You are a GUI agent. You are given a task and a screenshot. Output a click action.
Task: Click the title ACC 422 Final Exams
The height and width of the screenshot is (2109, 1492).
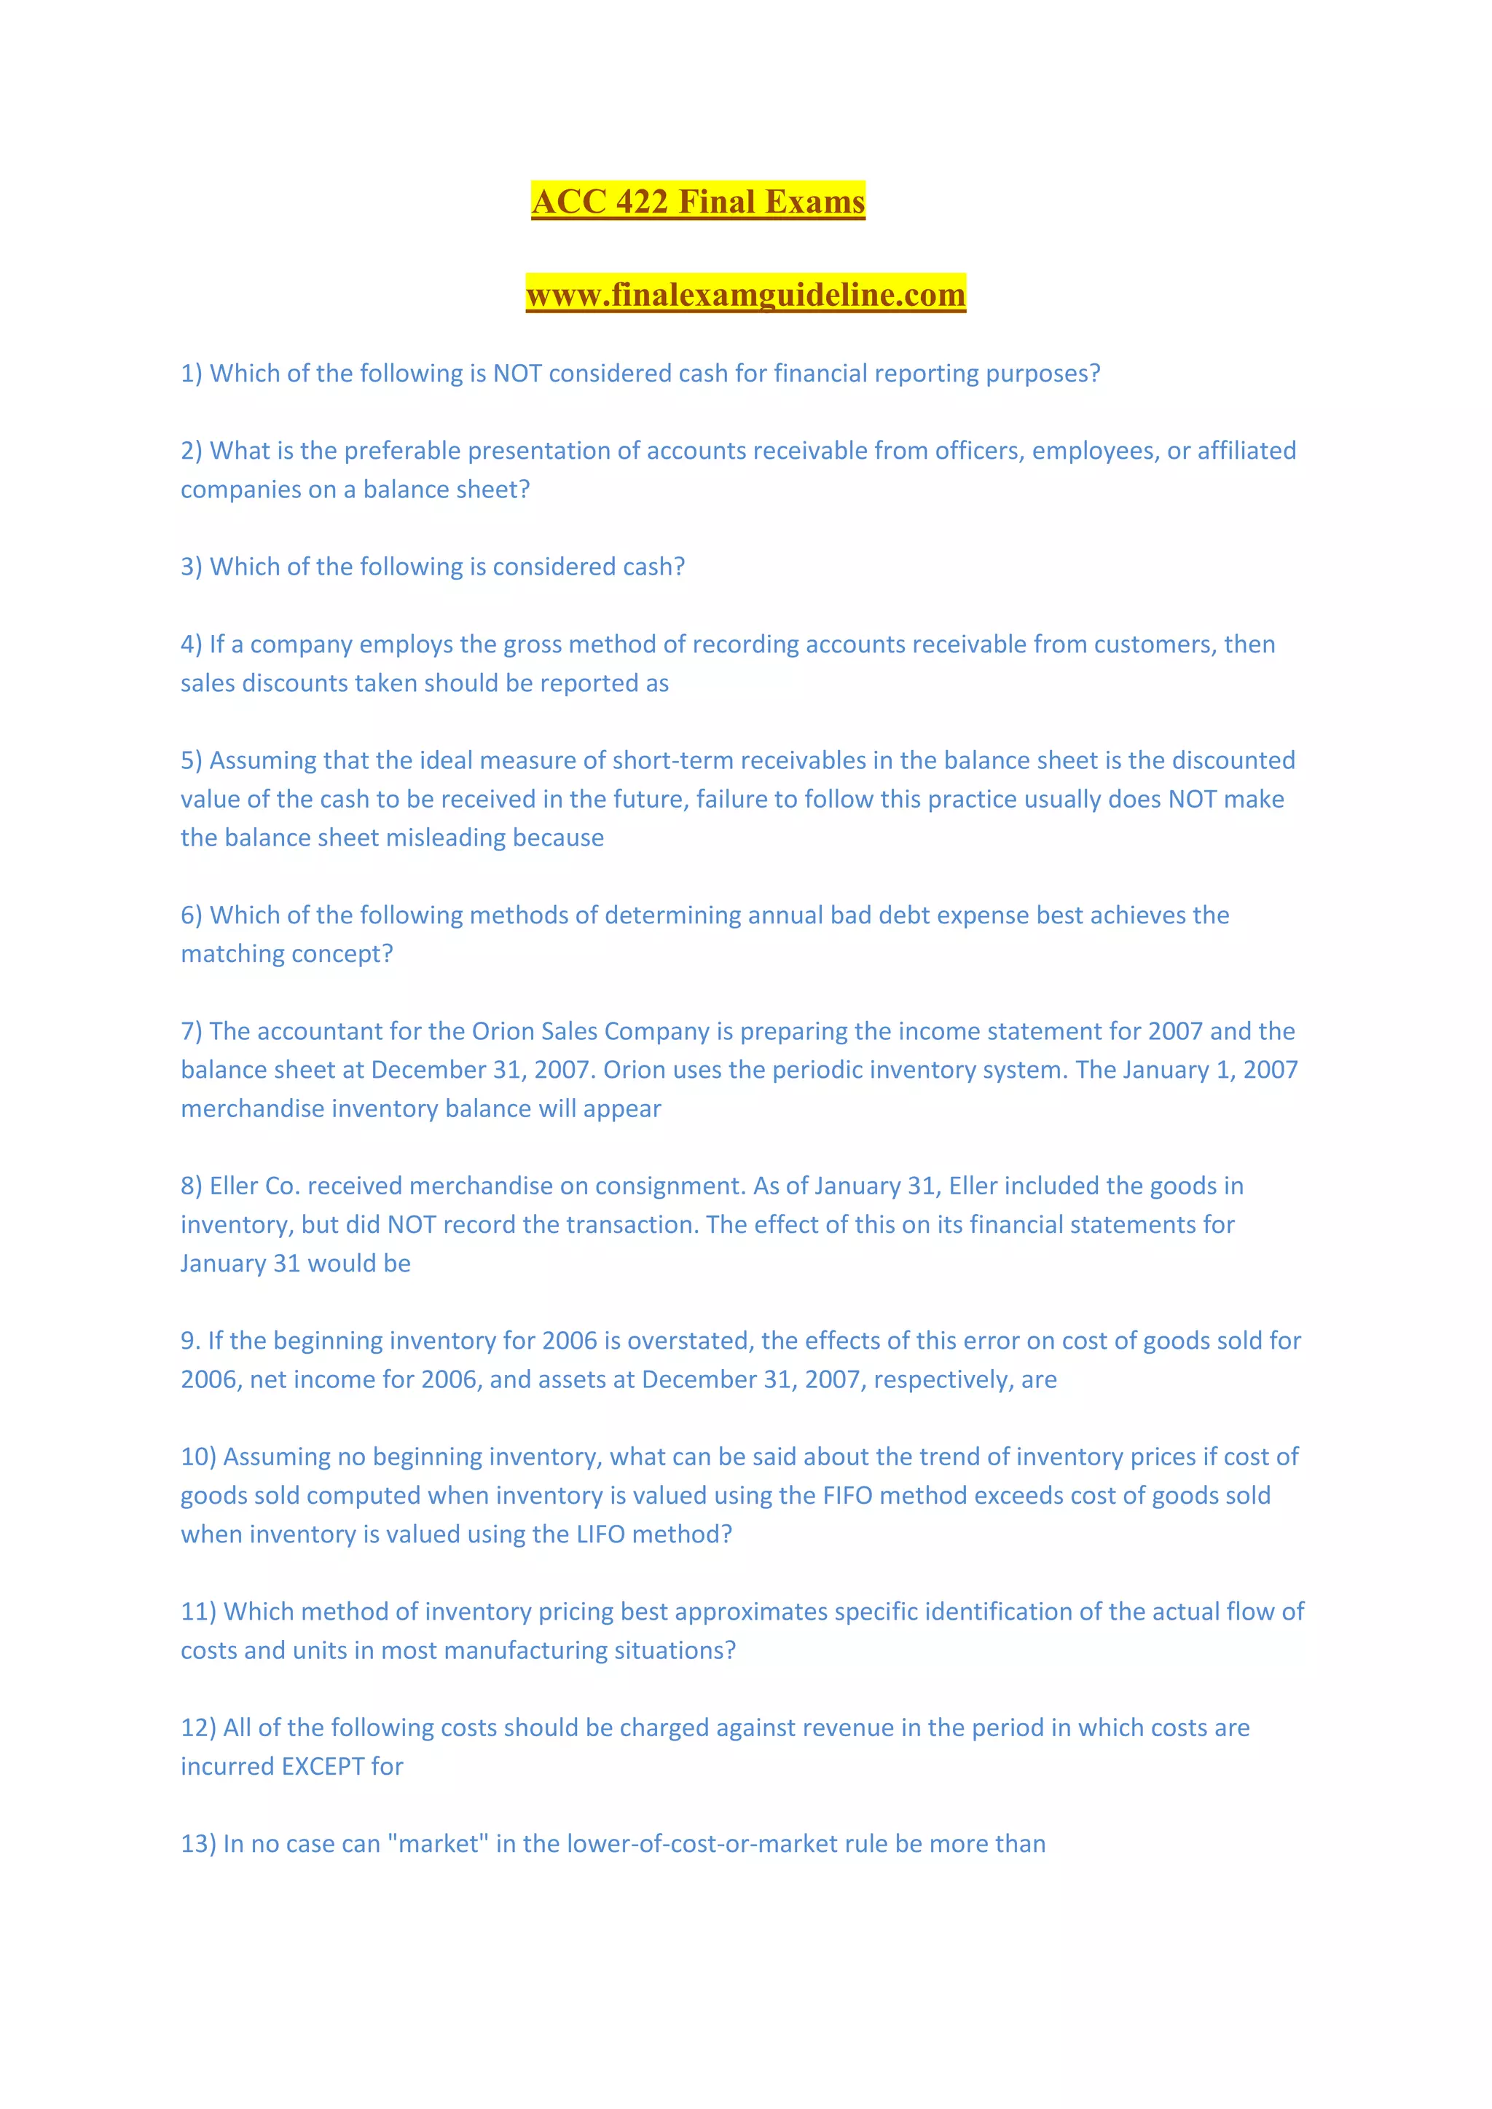[x=698, y=201]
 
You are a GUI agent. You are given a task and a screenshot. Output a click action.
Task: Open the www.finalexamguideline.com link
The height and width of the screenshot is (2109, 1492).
[x=745, y=294]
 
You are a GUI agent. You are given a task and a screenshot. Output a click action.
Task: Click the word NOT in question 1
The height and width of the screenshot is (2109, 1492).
[x=517, y=374]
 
